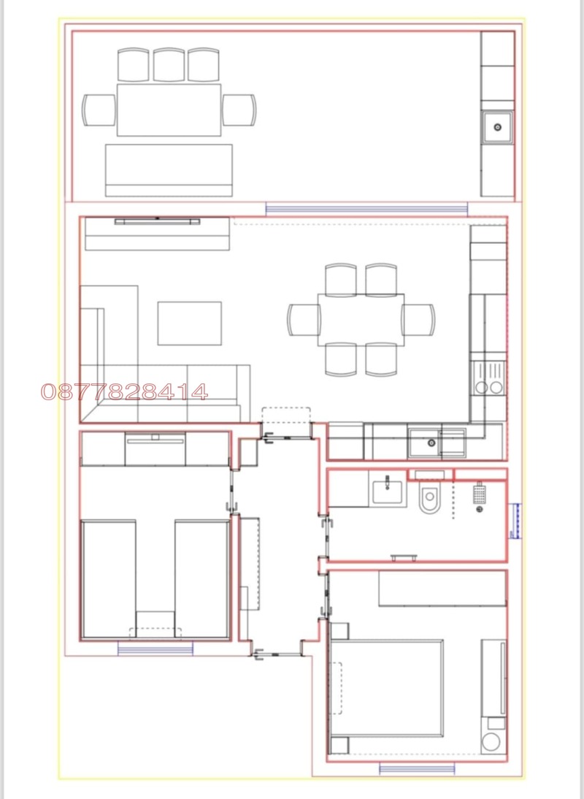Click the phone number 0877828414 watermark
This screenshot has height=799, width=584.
pyautogui.click(x=124, y=392)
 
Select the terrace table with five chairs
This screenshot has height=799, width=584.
pyautogui.click(x=169, y=110)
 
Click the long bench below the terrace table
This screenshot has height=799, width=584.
pyautogui.click(x=169, y=169)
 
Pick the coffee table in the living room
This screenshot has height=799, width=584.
pyautogui.click(x=190, y=323)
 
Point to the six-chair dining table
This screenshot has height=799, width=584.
pyautogui.click(x=361, y=319)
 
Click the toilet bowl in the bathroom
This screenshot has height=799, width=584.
pyautogui.click(x=429, y=500)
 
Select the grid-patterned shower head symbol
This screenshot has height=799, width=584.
pyautogui.click(x=479, y=494)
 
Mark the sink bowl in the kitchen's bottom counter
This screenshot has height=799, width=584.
pyautogui.click(x=423, y=442)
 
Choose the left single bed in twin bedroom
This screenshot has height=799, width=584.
pyautogui.click(x=109, y=577)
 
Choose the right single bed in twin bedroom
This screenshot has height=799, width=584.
pyautogui.click(x=201, y=577)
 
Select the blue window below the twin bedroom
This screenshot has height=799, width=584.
pyautogui.click(x=155, y=648)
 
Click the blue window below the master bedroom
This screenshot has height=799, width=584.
pyautogui.click(x=417, y=768)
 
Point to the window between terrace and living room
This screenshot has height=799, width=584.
pyautogui.click(x=366, y=209)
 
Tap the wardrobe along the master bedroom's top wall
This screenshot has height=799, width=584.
pyautogui.click(x=442, y=589)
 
